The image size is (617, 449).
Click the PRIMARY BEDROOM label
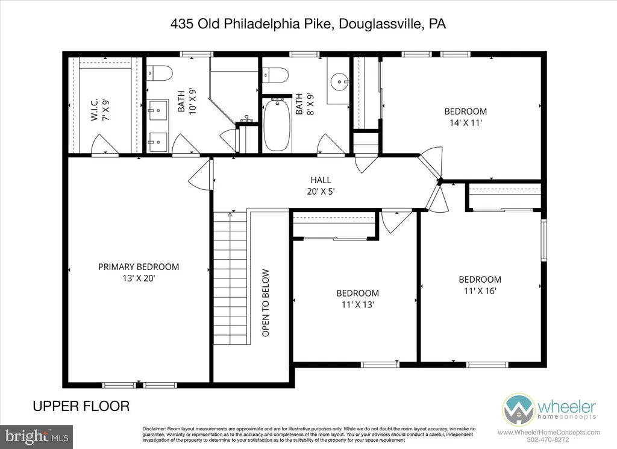coord(139,267)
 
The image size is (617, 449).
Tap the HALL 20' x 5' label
coord(321,186)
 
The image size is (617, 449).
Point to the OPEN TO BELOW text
coord(266,303)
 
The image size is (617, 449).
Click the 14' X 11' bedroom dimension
coord(466,123)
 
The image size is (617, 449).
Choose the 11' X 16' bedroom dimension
coord(480,291)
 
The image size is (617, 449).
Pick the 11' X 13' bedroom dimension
coord(357,304)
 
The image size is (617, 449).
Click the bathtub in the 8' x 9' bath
coord(277,125)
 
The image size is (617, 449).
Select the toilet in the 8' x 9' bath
coord(275,74)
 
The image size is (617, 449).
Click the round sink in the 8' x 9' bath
coord(339,83)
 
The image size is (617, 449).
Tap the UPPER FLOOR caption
coord(81,406)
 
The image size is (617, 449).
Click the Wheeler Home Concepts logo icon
coord(518,410)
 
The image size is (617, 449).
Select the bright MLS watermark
coord(37,436)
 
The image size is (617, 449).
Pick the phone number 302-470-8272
coord(549,440)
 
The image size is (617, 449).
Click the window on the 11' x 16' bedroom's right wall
coord(544,240)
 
